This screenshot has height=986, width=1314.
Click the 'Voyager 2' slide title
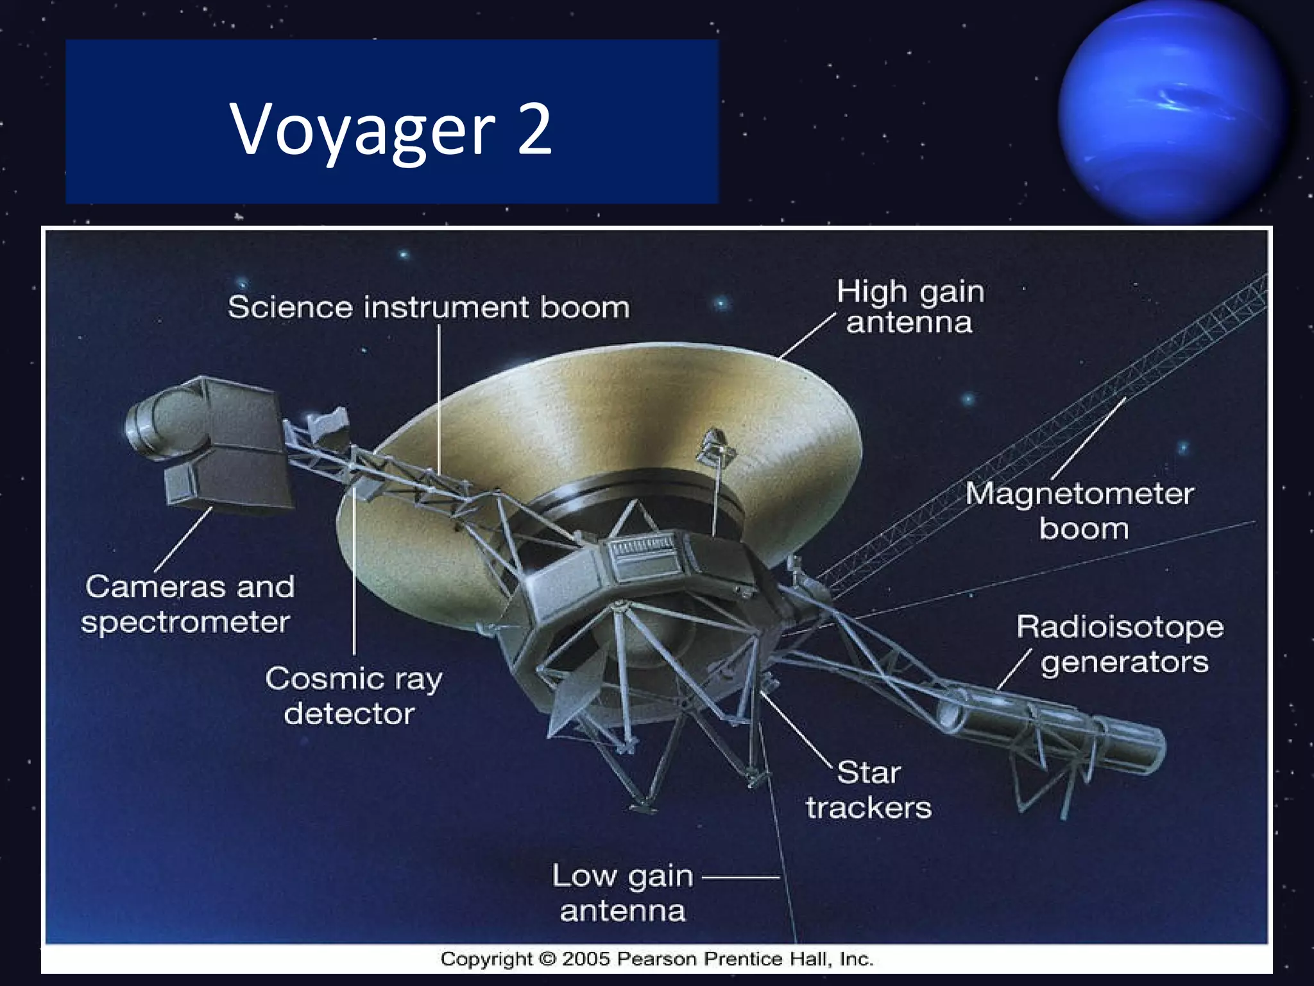pyautogui.click(x=391, y=128)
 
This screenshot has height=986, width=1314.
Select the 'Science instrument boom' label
pyautogui.click(x=429, y=307)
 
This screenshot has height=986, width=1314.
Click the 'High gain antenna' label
pyautogui.click(x=910, y=307)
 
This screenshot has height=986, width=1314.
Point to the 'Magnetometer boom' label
pyautogui.click(x=1080, y=511)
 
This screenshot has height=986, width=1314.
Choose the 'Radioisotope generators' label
pyautogui.click(x=1120, y=644)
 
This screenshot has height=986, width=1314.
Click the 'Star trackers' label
pyautogui.click(x=869, y=790)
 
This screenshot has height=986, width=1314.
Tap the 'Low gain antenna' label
pyautogui.click(x=622, y=893)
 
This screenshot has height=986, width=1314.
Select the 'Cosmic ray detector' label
pyautogui.click(x=354, y=696)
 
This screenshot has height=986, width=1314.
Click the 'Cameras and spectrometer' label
pyautogui.click(x=188, y=604)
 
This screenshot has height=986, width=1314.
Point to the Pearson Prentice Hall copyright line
pyautogui.click(x=656, y=959)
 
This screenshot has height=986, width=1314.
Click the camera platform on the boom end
pyautogui.click(x=212, y=443)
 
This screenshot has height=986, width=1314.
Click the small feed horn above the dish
pyautogui.click(x=715, y=446)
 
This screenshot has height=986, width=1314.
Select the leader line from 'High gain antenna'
pyautogui.click(x=807, y=336)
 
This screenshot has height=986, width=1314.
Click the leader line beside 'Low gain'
pyautogui.click(x=741, y=877)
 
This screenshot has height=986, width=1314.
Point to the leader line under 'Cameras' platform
pyautogui.click(x=183, y=539)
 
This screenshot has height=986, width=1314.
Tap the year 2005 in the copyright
pyautogui.click(x=586, y=959)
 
